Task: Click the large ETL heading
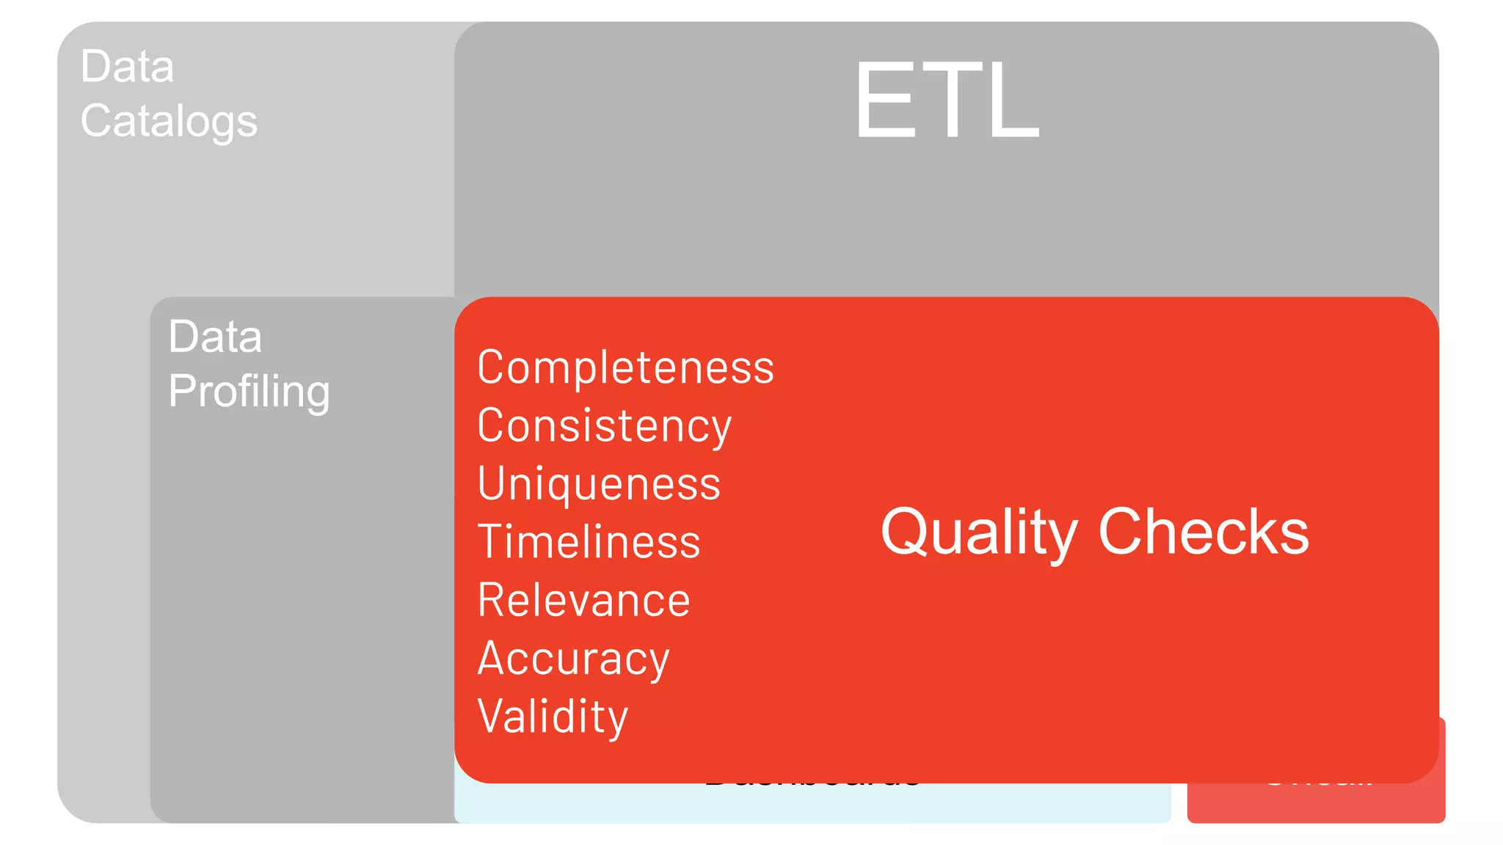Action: [947, 100]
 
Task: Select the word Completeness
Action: [625, 367]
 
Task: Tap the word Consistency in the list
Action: [604, 425]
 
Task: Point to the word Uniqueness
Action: [599, 484]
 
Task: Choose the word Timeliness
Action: [589, 542]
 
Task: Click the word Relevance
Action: [583, 600]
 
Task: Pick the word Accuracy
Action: [573, 659]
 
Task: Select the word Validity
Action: [553, 717]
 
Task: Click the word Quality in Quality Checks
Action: [978, 533]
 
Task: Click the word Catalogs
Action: [169, 121]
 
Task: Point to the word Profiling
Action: [249, 391]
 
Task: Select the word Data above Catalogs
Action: [127, 67]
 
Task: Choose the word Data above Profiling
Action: [215, 337]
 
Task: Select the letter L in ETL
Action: [1013, 100]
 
